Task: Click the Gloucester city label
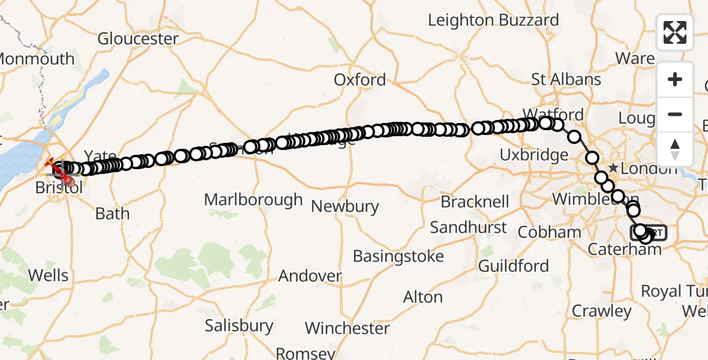[x=138, y=39]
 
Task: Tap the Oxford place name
[x=360, y=80]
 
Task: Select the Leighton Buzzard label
[x=493, y=20]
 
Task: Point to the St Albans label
[x=566, y=80]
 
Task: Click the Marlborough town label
[x=253, y=200]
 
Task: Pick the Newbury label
[x=345, y=207]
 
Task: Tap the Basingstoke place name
[x=398, y=257]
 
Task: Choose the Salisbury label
[x=239, y=326]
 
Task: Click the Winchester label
[x=347, y=329]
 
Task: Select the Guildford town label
[x=514, y=266]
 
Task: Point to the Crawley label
[x=602, y=311]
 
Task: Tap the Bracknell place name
[x=475, y=202]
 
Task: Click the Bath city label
[x=112, y=214]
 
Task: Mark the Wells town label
[x=49, y=275]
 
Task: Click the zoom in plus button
[x=675, y=80]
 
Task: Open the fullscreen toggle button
[x=675, y=32]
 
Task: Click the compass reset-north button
[x=675, y=149]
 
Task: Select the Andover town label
[x=310, y=277]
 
